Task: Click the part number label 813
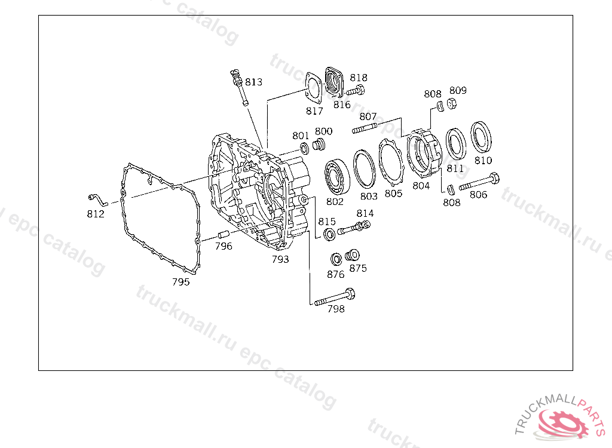(x=253, y=82)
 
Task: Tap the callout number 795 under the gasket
(x=180, y=282)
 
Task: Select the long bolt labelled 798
(x=335, y=297)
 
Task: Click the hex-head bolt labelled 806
(x=479, y=182)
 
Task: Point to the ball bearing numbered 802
(x=337, y=177)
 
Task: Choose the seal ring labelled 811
(x=456, y=144)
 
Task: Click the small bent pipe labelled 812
(x=97, y=200)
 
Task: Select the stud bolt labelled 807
(x=365, y=128)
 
